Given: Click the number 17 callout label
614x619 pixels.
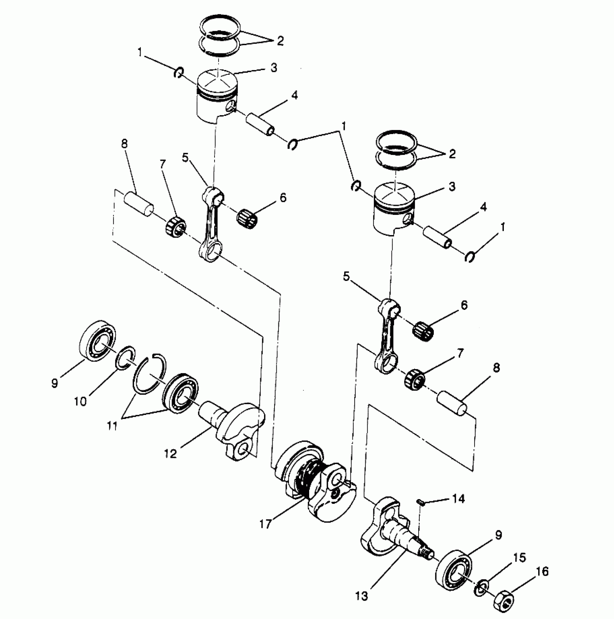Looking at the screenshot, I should (x=265, y=524).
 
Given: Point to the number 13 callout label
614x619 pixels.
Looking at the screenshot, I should (x=361, y=596).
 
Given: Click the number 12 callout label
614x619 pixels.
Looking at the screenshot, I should (x=170, y=453).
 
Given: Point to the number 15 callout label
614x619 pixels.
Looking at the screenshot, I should (x=520, y=557).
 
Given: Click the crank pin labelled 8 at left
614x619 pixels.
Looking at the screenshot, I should (x=139, y=204).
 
